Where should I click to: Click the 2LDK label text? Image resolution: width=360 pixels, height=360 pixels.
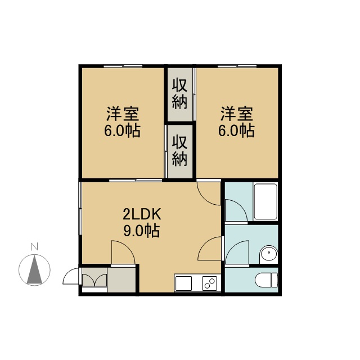pos(141,214)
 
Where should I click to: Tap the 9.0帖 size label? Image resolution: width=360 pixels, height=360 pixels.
pos(141,231)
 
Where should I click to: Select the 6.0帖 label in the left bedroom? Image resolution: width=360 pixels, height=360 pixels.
pos(122,131)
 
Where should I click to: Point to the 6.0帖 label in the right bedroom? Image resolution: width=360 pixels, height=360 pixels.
pos(236,131)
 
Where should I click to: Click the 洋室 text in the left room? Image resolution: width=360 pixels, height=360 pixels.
pos(123,114)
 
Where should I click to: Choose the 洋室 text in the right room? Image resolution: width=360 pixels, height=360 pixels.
pos(237,114)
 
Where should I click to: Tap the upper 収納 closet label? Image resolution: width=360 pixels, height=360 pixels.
pos(180,94)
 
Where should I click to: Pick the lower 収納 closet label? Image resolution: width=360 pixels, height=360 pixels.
pos(180,151)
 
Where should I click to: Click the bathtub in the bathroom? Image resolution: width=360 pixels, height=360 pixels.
pos(265,201)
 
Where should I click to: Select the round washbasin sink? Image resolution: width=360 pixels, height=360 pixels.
pos(268,254)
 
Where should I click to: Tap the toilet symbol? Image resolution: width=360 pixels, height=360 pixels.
pos(266,280)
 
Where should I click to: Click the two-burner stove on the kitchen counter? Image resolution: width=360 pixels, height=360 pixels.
pos(209,283)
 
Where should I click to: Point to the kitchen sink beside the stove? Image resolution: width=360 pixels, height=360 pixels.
pos(183,283)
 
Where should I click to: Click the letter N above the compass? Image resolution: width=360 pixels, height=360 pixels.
pos(34,247)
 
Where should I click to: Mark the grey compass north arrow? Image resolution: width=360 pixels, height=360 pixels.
pos(34,269)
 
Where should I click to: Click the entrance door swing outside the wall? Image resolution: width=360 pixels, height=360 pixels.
pos(70,276)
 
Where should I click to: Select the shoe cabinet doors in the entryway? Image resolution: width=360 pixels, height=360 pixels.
pos(94,280)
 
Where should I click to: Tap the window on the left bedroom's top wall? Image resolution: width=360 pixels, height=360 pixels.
pos(123,66)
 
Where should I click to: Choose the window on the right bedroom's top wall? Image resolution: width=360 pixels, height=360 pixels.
pos(237,66)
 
